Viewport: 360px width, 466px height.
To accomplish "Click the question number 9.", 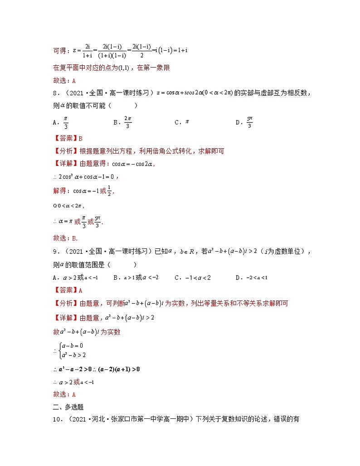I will tap(55, 252).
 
